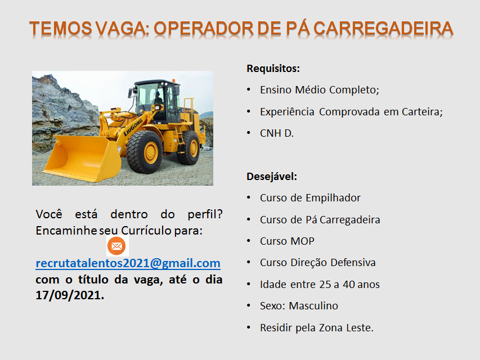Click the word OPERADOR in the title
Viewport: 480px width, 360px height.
pos(203,29)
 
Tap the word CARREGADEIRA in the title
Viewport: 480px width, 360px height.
pos(383,29)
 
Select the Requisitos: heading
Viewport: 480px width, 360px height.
pos(273,69)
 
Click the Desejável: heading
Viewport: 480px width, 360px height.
pos(272,177)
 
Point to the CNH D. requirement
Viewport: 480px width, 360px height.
pos(277,133)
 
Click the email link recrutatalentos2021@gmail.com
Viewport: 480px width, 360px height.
pos(128,263)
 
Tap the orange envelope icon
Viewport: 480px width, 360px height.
pos(116,246)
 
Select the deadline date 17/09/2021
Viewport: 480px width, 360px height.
pos(70,295)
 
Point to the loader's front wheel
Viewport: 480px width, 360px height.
pos(144,152)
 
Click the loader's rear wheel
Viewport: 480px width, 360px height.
pos(189,147)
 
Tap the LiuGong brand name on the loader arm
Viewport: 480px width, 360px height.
pos(133,127)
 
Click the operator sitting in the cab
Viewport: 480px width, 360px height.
pos(158,98)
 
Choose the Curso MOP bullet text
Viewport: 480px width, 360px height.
pos(287,241)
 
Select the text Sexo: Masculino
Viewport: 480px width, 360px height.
pos(299,306)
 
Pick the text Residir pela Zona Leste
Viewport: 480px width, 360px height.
pos(317,328)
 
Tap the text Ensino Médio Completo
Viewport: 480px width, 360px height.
pos(320,90)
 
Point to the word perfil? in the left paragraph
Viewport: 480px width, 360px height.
pos(205,214)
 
